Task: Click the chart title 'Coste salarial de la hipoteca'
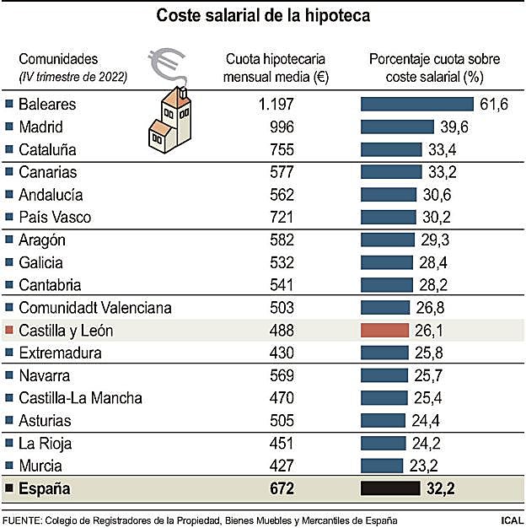coord(263,16)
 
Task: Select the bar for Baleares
coord(416,105)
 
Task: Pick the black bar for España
coord(390,488)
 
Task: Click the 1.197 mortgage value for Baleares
coord(276,105)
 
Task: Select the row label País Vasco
coord(54,217)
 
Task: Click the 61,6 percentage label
coord(493,105)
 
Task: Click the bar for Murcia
coord(382,465)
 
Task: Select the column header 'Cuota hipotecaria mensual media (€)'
coord(276,67)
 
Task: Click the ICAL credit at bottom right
coord(509,519)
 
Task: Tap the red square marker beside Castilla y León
coord(9,331)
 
